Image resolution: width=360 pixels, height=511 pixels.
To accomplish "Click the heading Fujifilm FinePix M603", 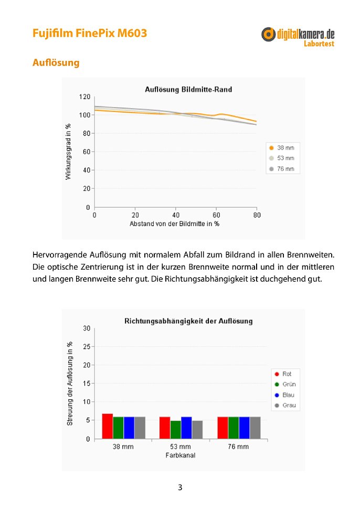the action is [90, 33].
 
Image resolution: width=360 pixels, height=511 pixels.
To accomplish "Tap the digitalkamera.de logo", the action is [298, 37].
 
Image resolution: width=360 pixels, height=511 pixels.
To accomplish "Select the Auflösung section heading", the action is [56, 62].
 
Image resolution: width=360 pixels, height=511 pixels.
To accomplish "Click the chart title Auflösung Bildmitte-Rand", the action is [188, 89].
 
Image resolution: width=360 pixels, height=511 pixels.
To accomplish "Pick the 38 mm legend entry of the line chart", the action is [282, 147].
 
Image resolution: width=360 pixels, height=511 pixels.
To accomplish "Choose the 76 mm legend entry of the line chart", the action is [282, 169].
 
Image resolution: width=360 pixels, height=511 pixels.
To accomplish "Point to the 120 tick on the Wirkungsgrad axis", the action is [84, 97].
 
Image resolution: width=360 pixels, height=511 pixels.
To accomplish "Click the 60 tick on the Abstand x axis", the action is [216, 215].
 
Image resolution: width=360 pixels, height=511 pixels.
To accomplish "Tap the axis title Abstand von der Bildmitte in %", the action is [174, 224].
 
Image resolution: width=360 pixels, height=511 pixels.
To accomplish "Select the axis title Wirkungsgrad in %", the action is [68, 152].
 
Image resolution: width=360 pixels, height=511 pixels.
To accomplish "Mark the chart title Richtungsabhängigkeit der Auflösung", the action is [188, 321].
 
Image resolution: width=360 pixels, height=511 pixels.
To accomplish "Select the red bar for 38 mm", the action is [107, 426].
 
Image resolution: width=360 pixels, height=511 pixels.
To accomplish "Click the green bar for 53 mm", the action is [175, 430].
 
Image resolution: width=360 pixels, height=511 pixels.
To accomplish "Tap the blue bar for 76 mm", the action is [244, 428].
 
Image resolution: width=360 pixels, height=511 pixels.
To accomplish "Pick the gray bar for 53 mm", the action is [197, 430].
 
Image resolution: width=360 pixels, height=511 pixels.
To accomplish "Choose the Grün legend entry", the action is [285, 384].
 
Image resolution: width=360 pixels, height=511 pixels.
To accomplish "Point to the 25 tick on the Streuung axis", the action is [87, 347].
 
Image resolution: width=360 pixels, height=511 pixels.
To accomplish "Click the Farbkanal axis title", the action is [181, 455].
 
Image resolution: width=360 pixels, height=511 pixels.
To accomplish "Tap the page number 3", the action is [180, 487].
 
